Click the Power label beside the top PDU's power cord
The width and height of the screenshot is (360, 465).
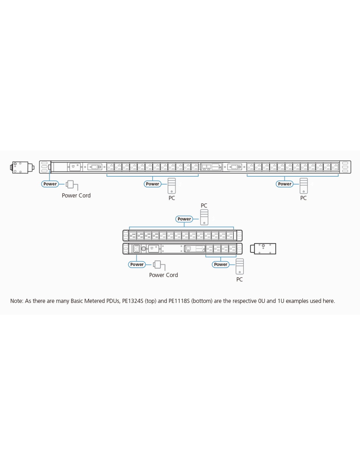point(50,184)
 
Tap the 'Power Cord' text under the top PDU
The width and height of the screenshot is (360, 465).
point(76,195)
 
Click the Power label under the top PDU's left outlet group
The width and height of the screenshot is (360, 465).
point(153,184)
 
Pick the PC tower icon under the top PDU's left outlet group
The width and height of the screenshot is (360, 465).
point(172,186)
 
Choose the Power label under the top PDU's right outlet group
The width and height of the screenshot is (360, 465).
point(285,184)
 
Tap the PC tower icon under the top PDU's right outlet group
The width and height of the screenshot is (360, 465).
point(304,186)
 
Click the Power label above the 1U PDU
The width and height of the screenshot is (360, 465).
point(184,219)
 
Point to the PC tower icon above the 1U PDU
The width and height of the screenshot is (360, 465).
point(204,217)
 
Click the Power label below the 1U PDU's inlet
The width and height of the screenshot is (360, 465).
point(137,264)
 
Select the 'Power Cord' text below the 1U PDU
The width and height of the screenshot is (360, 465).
point(163,275)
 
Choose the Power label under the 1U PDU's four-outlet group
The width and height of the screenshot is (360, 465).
point(221,264)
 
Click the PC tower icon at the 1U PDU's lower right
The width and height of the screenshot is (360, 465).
point(240,267)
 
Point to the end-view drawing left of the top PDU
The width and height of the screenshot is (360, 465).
point(22,167)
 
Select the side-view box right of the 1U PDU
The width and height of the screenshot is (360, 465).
point(263,249)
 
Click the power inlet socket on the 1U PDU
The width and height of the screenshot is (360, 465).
point(136,249)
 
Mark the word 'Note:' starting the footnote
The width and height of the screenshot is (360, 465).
point(17,301)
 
